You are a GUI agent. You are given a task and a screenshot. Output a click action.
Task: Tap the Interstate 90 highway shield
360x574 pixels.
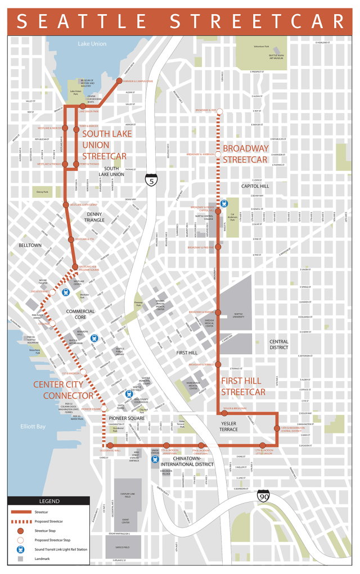(263, 496)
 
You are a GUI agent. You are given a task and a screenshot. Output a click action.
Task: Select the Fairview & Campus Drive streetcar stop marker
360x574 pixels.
(119, 81)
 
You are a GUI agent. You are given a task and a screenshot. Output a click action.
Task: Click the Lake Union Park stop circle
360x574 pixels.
(83, 106)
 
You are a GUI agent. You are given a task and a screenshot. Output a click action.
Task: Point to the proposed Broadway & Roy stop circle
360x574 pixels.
(219, 111)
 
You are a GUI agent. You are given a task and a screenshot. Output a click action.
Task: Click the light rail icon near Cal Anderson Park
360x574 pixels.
(224, 204)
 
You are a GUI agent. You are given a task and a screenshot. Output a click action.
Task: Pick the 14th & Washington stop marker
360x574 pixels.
(277, 428)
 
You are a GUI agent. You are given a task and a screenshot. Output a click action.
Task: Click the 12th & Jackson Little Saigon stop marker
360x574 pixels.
(262, 445)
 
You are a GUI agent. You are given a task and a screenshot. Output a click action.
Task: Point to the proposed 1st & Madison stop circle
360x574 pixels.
(83, 372)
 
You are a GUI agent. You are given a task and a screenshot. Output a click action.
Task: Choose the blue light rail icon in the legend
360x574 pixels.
(19, 552)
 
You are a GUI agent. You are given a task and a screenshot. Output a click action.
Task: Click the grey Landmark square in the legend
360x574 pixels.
(19, 561)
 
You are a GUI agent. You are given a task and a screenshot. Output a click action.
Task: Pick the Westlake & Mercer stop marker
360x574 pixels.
(65, 128)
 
